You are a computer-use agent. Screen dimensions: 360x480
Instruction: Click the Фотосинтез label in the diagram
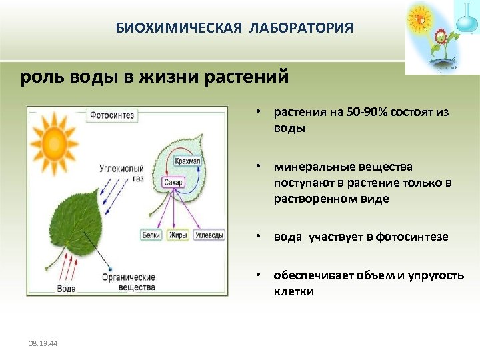[113, 115]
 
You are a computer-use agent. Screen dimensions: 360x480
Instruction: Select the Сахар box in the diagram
[173, 182]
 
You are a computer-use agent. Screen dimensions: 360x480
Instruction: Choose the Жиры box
[179, 235]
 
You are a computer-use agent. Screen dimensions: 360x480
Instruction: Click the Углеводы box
[209, 235]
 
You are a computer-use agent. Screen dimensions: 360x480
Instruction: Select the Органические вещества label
[128, 282]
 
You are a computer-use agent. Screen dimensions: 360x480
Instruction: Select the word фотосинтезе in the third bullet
[412, 237]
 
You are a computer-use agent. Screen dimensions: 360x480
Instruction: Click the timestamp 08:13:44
[43, 343]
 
